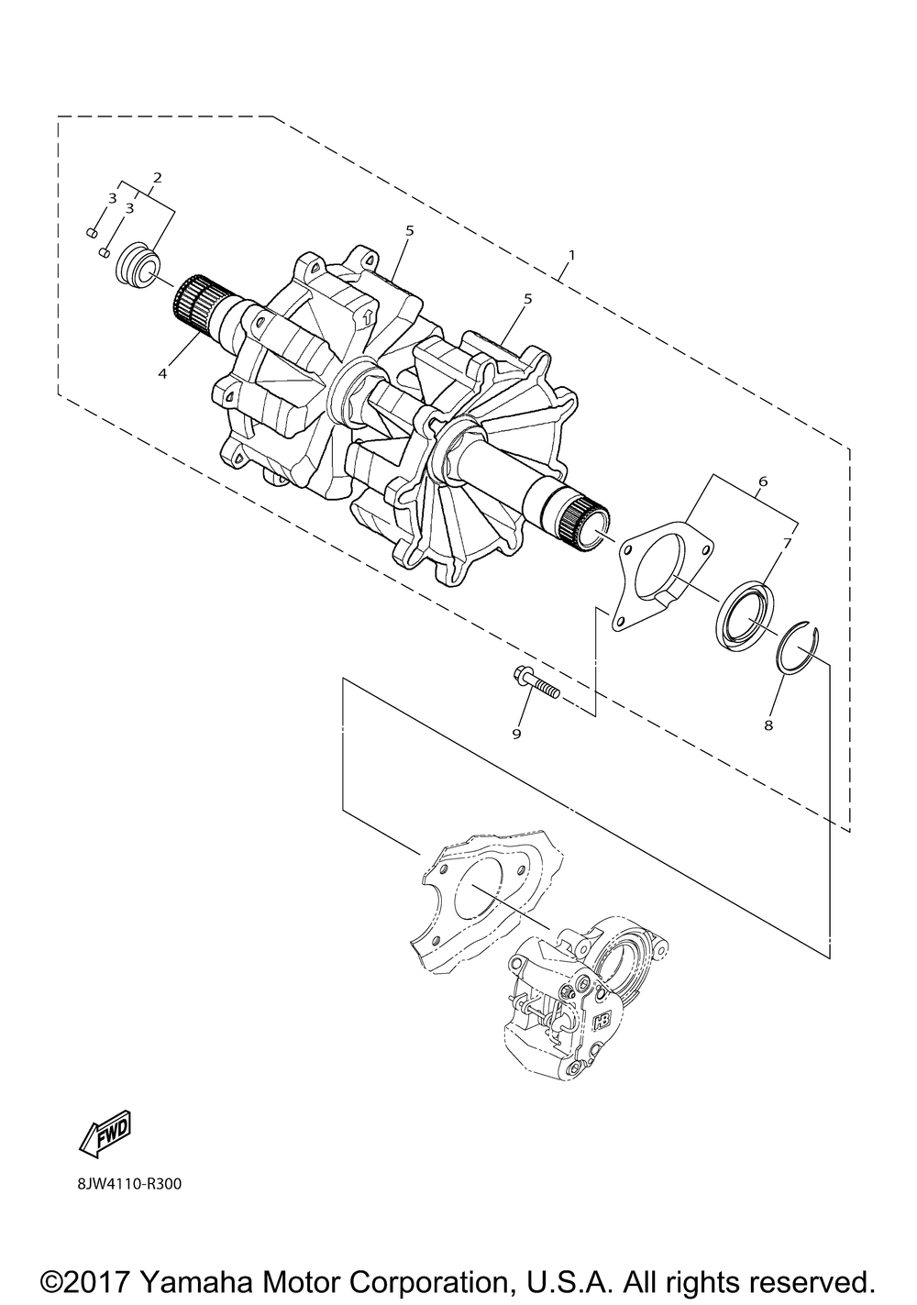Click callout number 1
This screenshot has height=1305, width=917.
pos(572,252)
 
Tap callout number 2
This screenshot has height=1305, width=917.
pos(157,176)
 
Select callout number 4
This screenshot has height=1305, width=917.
pos(162,373)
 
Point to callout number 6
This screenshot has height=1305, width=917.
pos(763,481)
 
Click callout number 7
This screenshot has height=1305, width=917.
pos(786,544)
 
